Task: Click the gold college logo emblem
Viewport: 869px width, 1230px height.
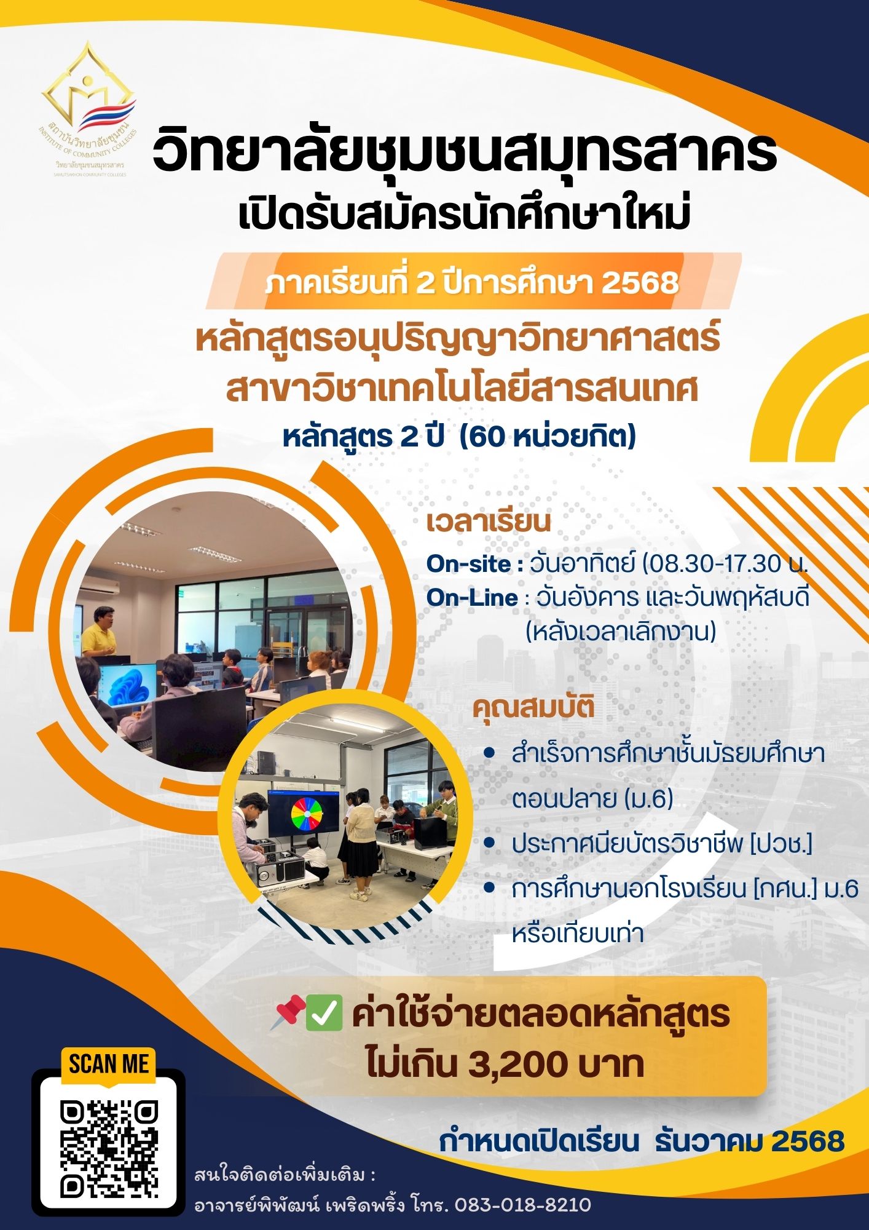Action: pyautogui.click(x=88, y=92)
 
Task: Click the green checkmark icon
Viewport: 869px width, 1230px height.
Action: pyautogui.click(x=324, y=1013)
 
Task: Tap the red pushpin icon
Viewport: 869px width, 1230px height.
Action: pyautogui.click(x=289, y=1012)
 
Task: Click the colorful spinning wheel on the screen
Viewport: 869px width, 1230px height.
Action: pyautogui.click(x=307, y=814)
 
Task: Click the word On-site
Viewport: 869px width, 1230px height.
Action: pyautogui.click(x=469, y=564)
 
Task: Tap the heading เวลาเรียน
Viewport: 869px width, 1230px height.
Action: pyautogui.click(x=489, y=522)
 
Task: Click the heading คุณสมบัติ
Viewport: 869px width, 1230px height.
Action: pyautogui.click(x=533, y=708)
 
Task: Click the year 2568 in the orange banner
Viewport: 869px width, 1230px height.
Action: pyautogui.click(x=640, y=283)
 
